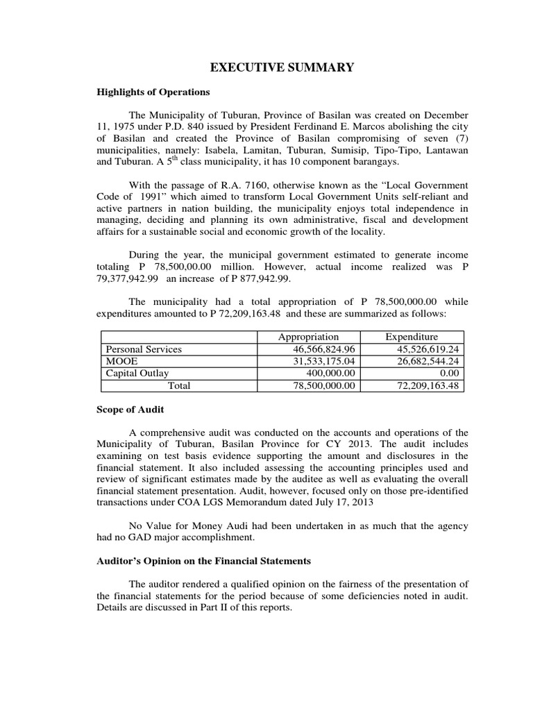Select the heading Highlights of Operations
click(153, 92)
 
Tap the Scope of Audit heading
click(130, 410)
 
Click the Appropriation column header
click(308, 337)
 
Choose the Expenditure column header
click(412, 337)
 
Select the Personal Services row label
click(143, 349)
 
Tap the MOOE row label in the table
click(119, 361)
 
